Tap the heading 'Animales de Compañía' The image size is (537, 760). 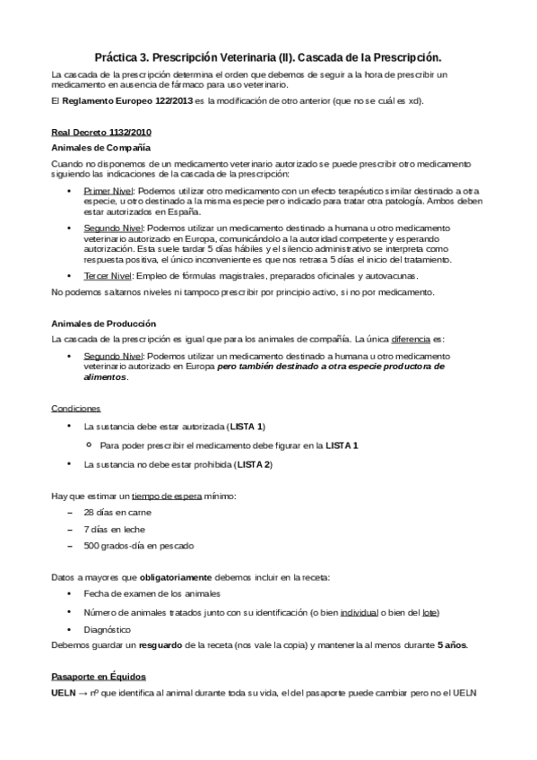pyautogui.click(x=101, y=146)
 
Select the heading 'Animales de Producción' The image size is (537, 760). pyautogui.click(x=104, y=323)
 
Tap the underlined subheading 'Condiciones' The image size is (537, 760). pyautogui.click(x=76, y=408)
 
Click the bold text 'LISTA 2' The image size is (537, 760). pyautogui.click(x=254, y=464)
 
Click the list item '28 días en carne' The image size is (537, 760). pyautogui.click(x=117, y=512)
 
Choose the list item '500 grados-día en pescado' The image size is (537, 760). pyautogui.click(x=138, y=546)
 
